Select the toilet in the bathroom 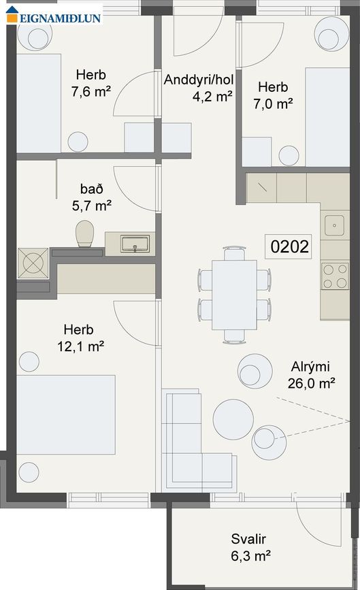tap(85, 233)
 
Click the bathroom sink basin tap(135, 243)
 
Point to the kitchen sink tap(334, 223)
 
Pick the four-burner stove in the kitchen tap(335, 276)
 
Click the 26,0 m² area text tap(312, 383)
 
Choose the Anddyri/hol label tap(199, 80)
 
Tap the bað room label tap(91, 186)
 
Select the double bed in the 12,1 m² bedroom tap(65, 414)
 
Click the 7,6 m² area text tap(91, 91)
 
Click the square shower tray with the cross tap(33, 263)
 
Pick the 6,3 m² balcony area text tap(249, 555)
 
